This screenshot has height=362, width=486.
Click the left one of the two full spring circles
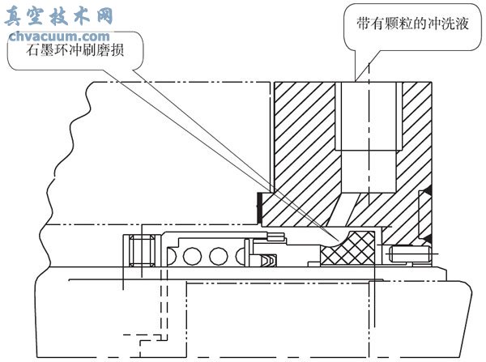[x=192, y=257]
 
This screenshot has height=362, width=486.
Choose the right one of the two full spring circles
[x=218, y=257]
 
